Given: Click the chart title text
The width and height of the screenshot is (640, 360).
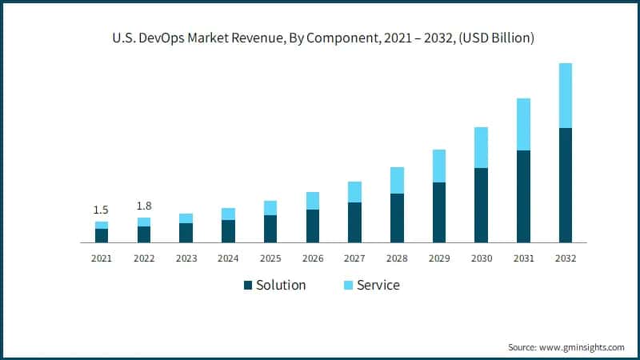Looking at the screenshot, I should pyautogui.click(x=320, y=38).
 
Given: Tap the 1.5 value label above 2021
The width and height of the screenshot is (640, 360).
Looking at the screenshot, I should pyautogui.click(x=102, y=210).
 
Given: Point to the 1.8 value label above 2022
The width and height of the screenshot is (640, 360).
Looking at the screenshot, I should pyautogui.click(x=144, y=206).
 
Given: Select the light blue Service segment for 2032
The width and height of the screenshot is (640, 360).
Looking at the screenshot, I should pyautogui.click(x=566, y=95).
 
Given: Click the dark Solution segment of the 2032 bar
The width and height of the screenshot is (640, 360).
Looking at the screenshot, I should pyautogui.click(x=566, y=185).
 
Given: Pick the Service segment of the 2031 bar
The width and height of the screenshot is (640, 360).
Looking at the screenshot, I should pyautogui.click(x=523, y=124).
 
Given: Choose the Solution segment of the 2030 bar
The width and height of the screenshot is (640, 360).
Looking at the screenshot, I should pyautogui.click(x=481, y=205).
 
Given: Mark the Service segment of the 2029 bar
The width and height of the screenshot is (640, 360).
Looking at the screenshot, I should pyautogui.click(x=438, y=166).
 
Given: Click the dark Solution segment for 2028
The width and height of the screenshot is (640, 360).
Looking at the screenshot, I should pyautogui.click(x=396, y=218).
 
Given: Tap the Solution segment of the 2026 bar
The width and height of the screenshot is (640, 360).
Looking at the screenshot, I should pyautogui.click(x=312, y=226).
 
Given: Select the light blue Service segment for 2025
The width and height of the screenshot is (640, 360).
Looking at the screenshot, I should pyautogui.click(x=270, y=208).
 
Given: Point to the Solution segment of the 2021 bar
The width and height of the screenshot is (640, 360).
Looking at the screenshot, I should pyautogui.click(x=102, y=235).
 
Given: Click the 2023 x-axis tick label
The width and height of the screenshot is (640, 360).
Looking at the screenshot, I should pyautogui.click(x=186, y=258).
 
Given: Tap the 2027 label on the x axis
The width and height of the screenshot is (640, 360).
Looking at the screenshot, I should pyautogui.click(x=354, y=258).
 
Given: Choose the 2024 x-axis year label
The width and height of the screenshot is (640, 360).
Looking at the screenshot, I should pyautogui.click(x=228, y=258).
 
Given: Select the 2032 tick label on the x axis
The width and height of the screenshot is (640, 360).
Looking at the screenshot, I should pyautogui.click(x=566, y=258).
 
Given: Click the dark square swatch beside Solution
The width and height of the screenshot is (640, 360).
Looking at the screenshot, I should pyautogui.click(x=248, y=286).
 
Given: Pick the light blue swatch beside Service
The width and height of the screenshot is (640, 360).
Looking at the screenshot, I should pyautogui.click(x=348, y=286).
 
